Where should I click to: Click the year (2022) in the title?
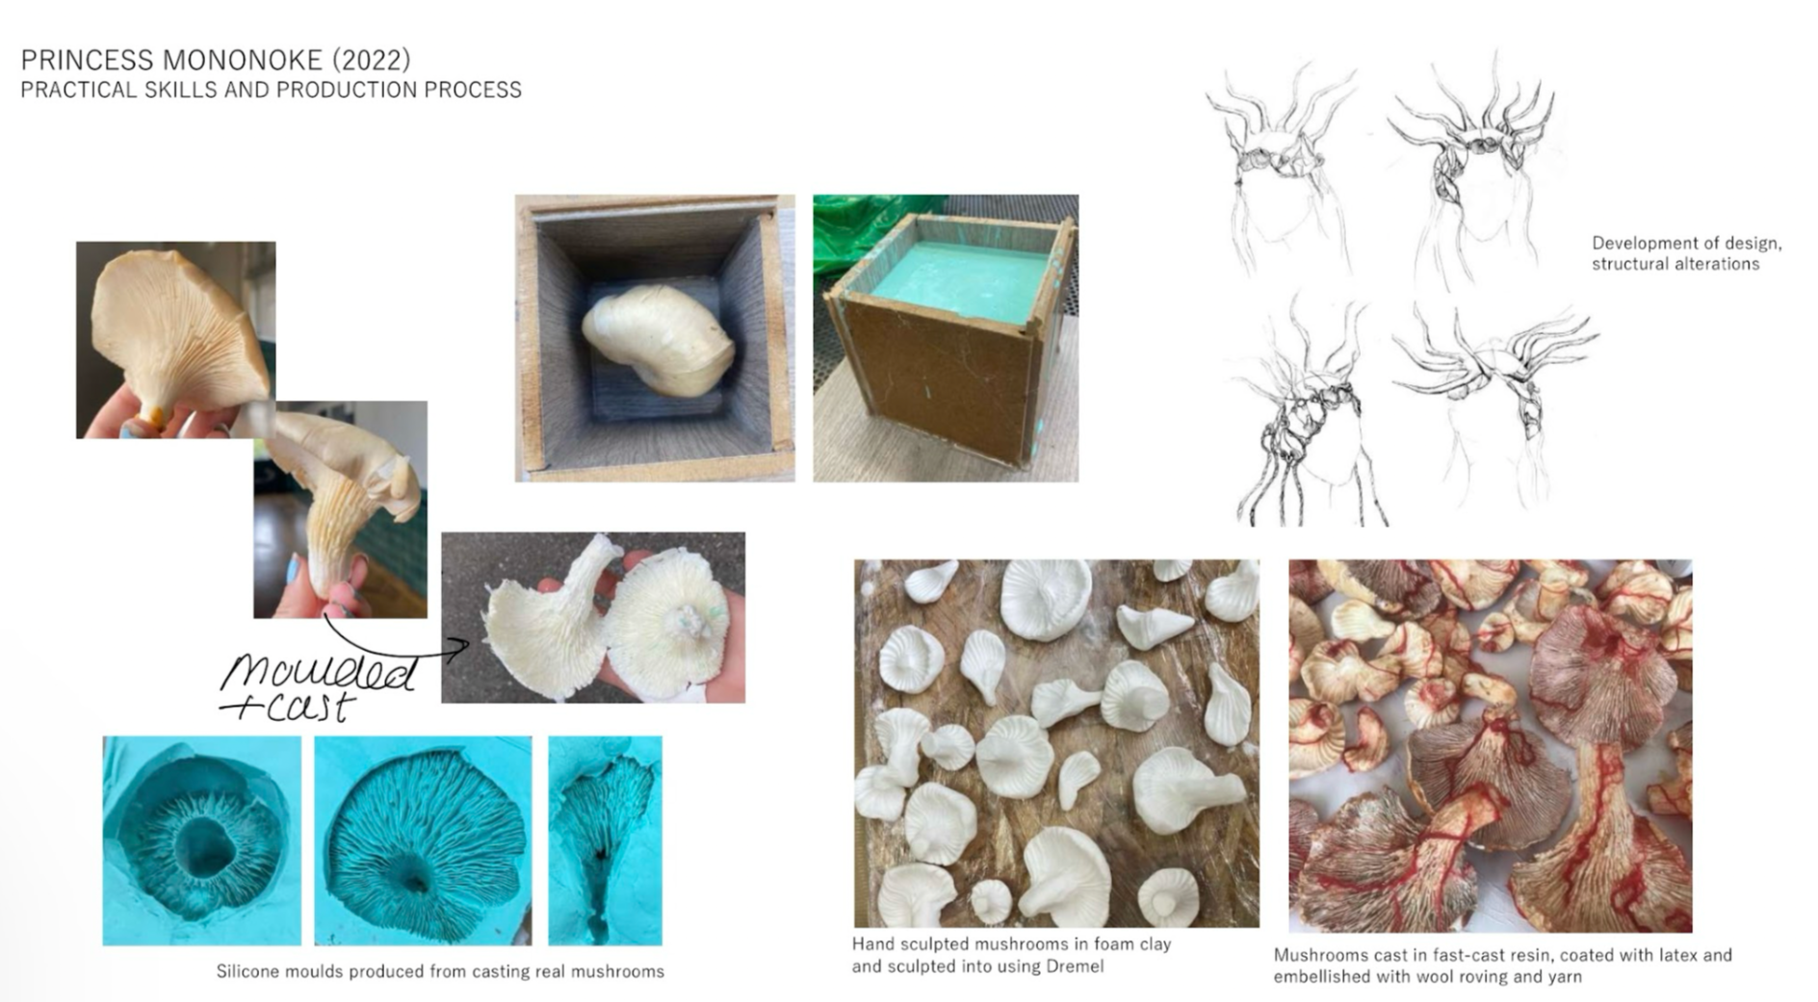[372, 60]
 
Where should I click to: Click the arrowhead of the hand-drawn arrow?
[462, 645]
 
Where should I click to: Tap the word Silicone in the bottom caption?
[247, 971]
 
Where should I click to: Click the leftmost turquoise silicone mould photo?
[201, 840]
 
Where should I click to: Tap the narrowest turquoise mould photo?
[605, 840]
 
